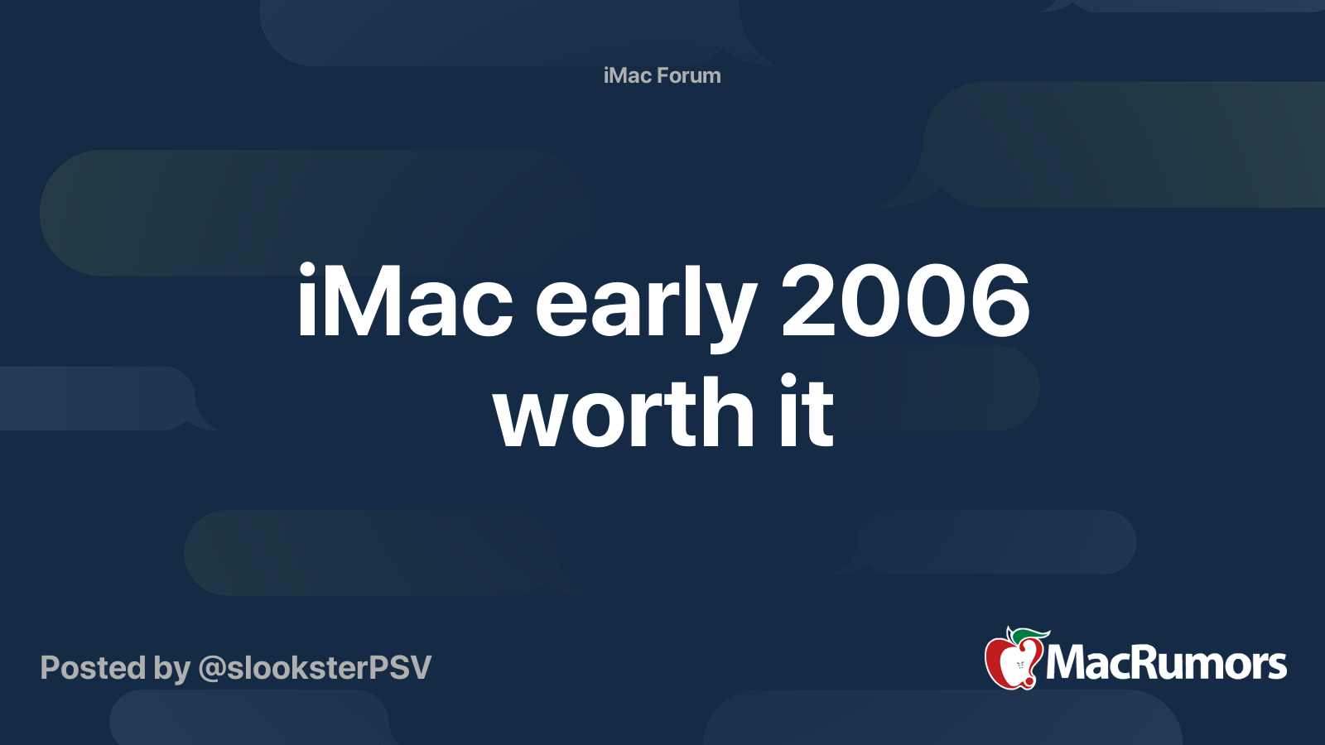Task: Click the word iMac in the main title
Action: coord(405,300)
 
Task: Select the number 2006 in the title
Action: coord(906,301)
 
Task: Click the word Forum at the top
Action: coord(689,75)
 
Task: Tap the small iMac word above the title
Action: coord(628,75)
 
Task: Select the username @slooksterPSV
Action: coord(315,668)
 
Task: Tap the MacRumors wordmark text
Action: coord(1166,663)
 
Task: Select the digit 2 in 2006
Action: coord(808,300)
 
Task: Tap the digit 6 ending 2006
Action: coord(1001,301)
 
